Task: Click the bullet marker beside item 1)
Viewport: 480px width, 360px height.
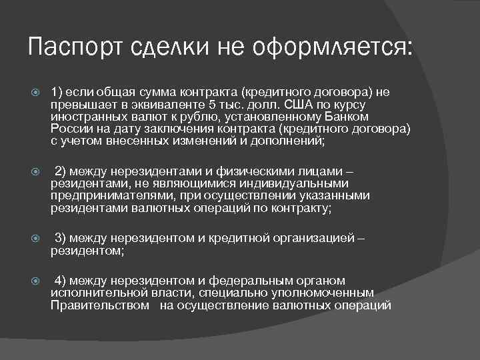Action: [x=37, y=93]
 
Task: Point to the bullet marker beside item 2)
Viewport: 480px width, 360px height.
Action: [x=37, y=172]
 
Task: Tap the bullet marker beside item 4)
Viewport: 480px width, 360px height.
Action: [x=37, y=281]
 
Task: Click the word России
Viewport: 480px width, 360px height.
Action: [x=70, y=128]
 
